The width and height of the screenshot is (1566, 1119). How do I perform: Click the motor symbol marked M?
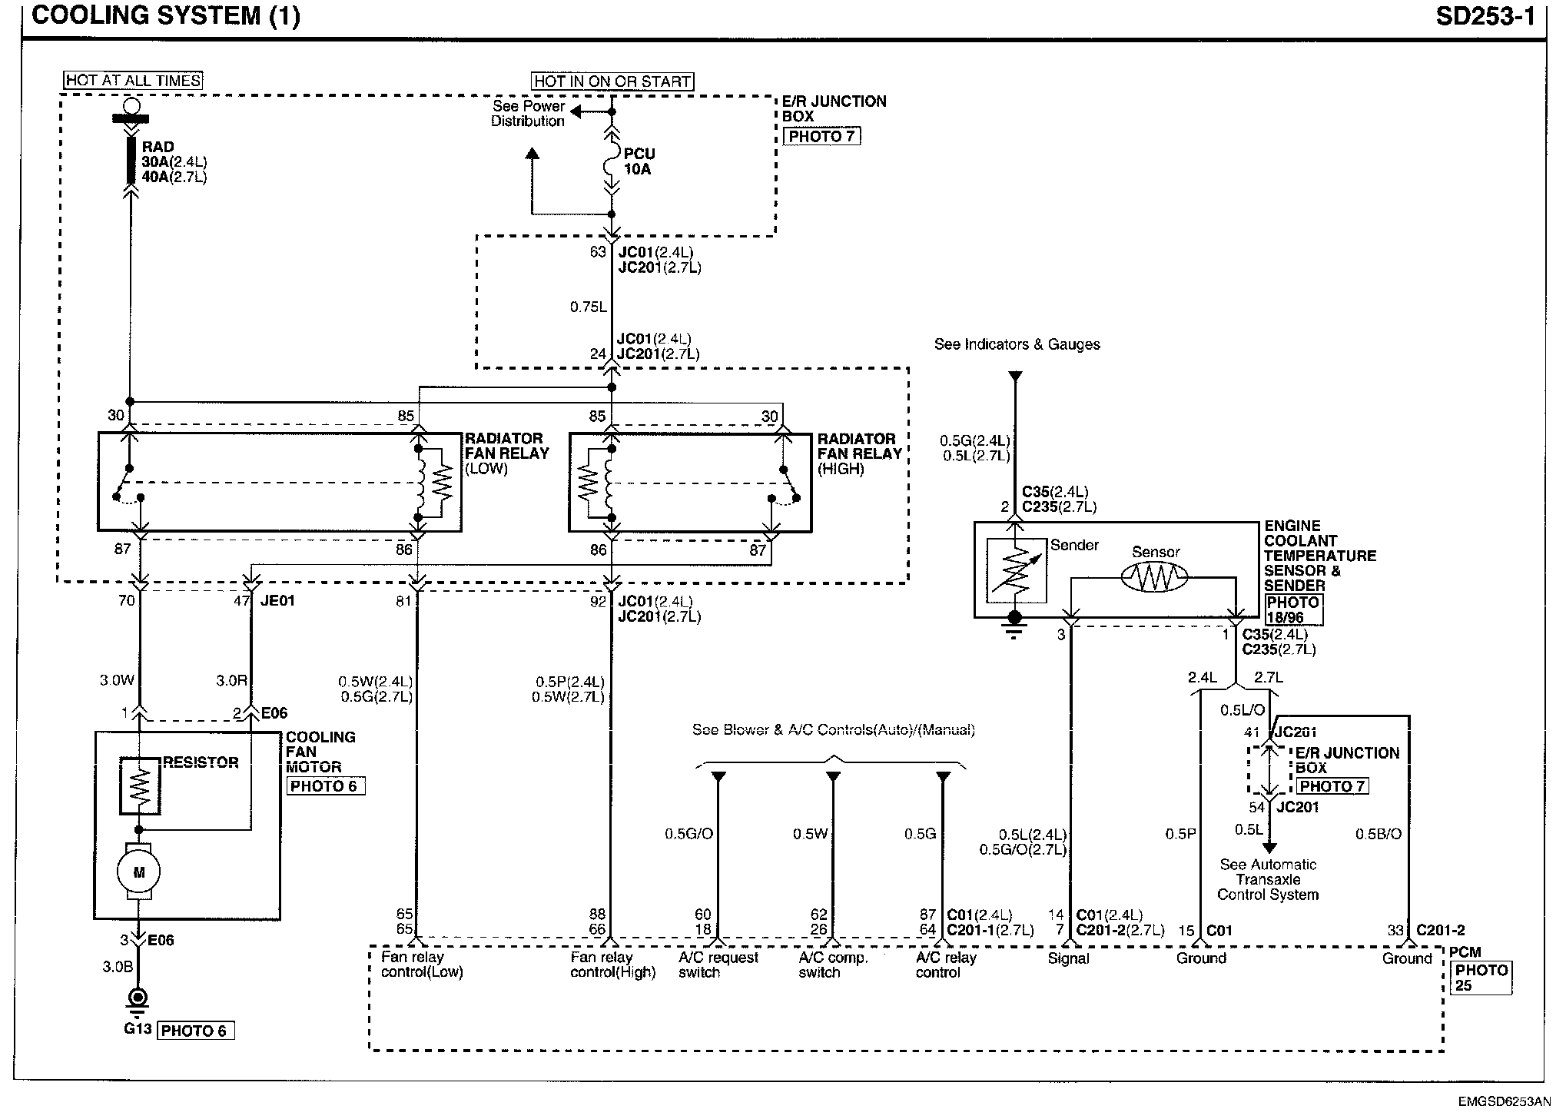click(x=139, y=872)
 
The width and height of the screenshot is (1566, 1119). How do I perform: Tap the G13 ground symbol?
click(x=138, y=998)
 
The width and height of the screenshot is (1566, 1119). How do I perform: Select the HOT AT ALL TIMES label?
click(x=133, y=81)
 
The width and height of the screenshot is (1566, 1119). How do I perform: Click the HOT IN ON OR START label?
click(x=612, y=81)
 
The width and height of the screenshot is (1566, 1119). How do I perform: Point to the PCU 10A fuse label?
click(x=638, y=161)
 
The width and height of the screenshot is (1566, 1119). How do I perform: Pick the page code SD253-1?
click(x=1485, y=17)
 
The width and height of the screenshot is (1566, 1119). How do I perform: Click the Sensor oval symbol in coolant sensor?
click(x=1154, y=576)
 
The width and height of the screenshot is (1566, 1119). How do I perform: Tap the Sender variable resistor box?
click(x=1016, y=569)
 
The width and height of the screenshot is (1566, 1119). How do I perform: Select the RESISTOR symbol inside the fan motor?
click(x=140, y=786)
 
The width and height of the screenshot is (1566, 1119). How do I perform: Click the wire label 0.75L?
click(x=588, y=307)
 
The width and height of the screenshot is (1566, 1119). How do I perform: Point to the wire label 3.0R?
click(x=231, y=680)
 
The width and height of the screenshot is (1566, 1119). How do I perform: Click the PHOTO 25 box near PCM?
click(x=1481, y=978)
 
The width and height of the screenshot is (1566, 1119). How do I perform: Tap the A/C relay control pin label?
click(x=945, y=965)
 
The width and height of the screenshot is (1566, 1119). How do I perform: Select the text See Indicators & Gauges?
click(x=1017, y=344)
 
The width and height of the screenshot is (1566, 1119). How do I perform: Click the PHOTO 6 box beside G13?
click(x=195, y=1031)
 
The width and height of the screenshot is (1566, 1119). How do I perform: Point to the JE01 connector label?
click(x=277, y=601)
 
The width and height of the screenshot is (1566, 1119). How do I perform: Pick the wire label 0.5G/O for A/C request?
click(x=688, y=834)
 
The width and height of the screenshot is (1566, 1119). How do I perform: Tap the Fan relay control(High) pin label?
click(x=612, y=965)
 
